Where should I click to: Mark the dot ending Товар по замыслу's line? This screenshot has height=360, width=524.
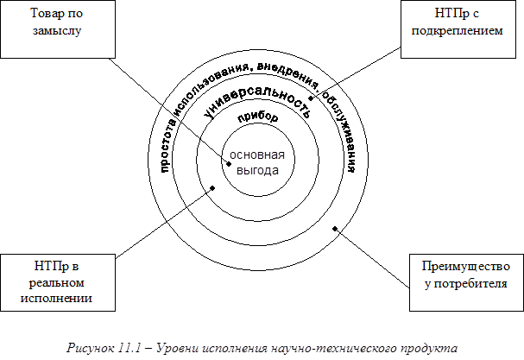click(x=228, y=163)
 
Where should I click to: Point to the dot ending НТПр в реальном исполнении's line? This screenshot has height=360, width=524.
click(x=211, y=187)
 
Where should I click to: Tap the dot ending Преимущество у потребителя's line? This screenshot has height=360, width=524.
click(x=335, y=229)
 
